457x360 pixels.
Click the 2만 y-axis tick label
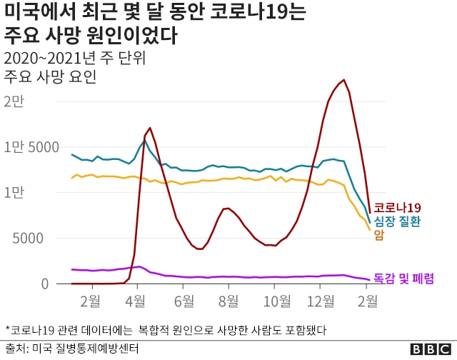14,101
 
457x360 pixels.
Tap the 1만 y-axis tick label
14,193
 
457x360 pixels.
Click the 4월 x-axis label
137,301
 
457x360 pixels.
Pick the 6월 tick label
184,301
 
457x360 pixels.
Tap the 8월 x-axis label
228,301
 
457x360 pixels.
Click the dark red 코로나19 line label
397,207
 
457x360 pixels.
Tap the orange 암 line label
378,235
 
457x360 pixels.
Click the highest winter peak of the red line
344,80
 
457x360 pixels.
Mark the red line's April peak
149,128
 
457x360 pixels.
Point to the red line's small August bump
227,208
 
